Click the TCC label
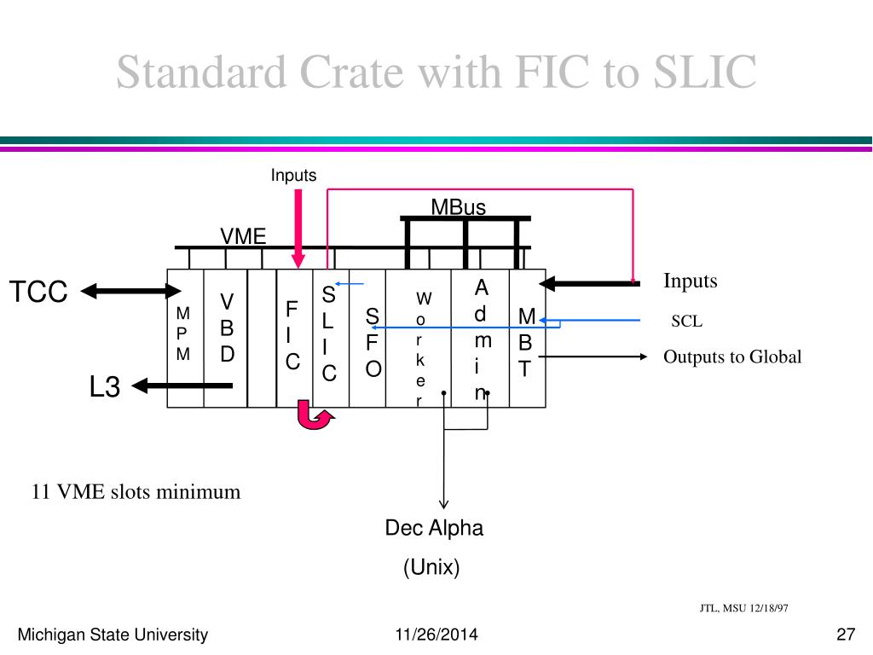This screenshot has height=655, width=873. (38, 292)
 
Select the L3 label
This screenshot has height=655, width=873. (106, 387)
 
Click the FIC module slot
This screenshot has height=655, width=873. (292, 336)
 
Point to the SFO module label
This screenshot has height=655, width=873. (373, 343)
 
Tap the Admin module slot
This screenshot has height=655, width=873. (482, 339)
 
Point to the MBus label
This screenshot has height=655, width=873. (458, 207)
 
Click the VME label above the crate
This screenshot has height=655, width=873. (244, 236)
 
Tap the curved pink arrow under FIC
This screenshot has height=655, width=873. (314, 418)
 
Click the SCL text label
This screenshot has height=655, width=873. (686, 322)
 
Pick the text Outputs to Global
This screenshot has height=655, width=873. (732, 357)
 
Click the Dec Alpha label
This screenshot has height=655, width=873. (434, 528)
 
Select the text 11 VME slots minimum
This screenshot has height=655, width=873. (136, 492)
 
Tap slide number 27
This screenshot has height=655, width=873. (846, 635)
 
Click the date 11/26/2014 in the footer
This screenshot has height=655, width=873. (436, 635)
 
